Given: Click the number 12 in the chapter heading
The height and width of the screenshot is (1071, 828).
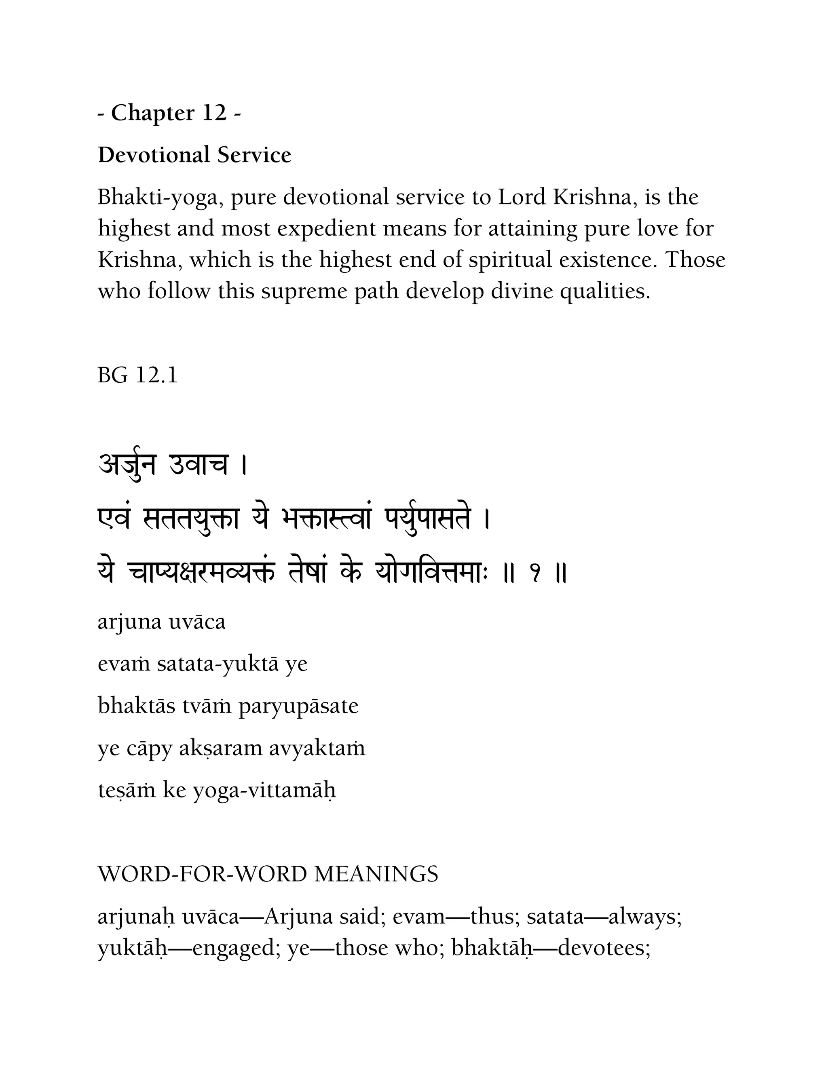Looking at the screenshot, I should [214, 113].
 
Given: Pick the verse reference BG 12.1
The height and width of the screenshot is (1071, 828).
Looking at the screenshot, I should [137, 375].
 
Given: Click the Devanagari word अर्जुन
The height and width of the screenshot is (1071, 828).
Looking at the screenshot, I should [127, 464].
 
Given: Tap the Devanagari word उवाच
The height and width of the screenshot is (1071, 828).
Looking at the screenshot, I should [198, 464].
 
